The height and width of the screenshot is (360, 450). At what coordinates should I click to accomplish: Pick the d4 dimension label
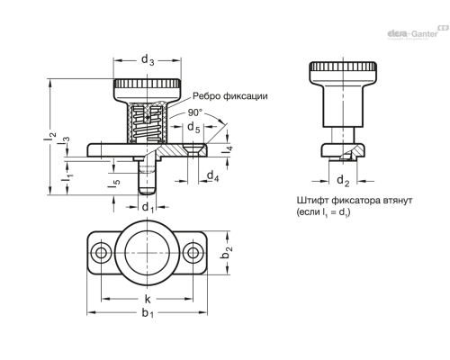coord(211,177)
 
